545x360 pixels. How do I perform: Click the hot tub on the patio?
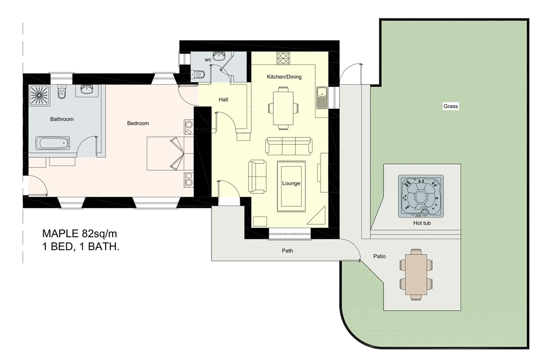point(420,196)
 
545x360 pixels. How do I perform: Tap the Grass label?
point(450,106)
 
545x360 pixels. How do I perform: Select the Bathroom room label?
point(62,119)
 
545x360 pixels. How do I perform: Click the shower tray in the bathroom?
point(40,96)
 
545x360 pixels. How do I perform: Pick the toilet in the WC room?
point(199,74)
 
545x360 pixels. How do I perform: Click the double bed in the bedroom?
point(170,154)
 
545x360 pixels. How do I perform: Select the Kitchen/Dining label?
point(284,77)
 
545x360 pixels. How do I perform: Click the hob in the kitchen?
point(283,58)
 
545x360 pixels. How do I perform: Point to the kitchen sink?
point(322,97)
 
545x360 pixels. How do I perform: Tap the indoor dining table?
point(283,108)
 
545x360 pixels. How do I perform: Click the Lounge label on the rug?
point(291,184)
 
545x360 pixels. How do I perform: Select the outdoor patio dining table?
point(416,274)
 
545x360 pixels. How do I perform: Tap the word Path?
point(287,250)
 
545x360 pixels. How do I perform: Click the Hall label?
point(223,100)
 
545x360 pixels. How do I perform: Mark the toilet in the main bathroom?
point(62,92)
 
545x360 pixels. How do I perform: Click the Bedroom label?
point(137,123)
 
